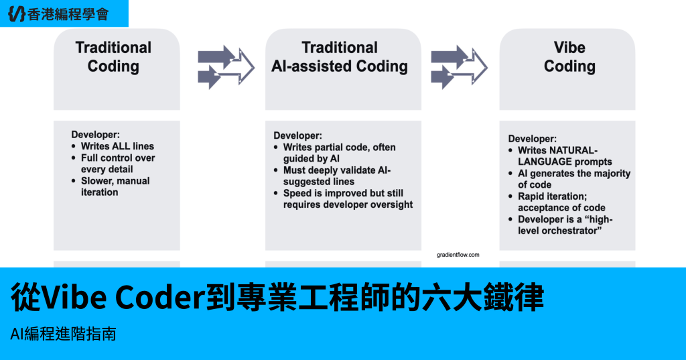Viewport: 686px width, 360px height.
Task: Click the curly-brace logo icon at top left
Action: (17, 13)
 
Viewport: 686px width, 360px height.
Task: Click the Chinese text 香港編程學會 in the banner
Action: (68, 15)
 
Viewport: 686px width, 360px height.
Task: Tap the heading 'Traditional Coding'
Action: (113, 57)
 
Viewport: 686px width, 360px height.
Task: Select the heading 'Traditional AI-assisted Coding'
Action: (340, 57)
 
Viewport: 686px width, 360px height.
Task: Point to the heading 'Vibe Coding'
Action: (569, 57)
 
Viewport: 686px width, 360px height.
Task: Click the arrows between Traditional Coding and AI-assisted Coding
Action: (226, 67)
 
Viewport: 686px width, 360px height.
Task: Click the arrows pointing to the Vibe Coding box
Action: (460, 67)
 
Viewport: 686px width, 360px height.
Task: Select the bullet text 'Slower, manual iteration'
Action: (115, 186)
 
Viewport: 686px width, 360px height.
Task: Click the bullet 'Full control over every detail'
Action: (118, 164)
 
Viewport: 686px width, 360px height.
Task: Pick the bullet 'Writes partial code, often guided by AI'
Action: (339, 153)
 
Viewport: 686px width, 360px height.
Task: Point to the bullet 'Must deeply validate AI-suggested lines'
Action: (337, 176)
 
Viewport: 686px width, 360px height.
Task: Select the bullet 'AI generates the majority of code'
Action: (574, 179)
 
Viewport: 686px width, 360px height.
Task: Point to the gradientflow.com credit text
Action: (458, 255)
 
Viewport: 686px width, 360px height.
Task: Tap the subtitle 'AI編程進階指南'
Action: (63, 334)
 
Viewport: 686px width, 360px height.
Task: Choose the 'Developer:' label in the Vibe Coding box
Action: (533, 139)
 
